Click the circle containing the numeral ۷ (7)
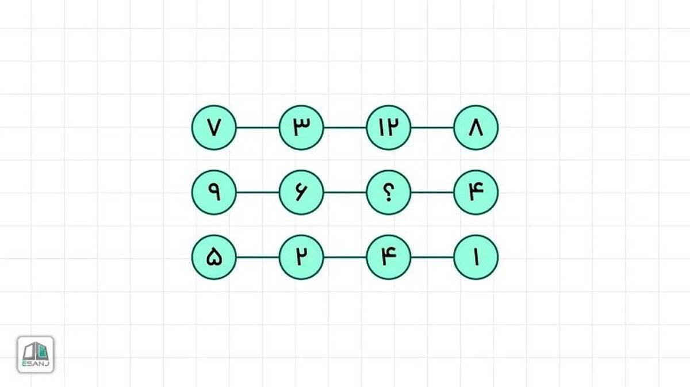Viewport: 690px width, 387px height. coord(214,128)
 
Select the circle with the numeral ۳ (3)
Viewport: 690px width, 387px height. coord(301,128)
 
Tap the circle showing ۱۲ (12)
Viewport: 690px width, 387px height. coord(389,128)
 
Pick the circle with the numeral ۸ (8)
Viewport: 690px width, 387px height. coord(476,128)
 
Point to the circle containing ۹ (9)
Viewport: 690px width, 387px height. coord(214,193)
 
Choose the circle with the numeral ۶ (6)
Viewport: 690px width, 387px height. coord(301,193)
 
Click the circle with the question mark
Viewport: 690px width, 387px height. coord(389,193)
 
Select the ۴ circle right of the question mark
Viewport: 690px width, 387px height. coord(476,193)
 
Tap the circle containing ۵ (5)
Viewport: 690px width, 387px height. coord(214,257)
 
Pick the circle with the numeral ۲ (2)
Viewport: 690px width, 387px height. coord(301,257)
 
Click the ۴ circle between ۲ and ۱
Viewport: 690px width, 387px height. coord(389,257)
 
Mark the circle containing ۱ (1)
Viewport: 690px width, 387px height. coord(476,257)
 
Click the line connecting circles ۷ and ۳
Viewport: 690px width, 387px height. coord(258,128)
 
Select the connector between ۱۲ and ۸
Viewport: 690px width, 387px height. coord(432,128)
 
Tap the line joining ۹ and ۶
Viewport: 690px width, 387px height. coord(258,193)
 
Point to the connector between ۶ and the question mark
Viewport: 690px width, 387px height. coord(345,193)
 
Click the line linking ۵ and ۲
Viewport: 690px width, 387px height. coord(258,257)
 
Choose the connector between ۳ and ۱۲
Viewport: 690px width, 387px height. coord(345,128)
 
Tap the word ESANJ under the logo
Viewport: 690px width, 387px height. coord(36,364)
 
